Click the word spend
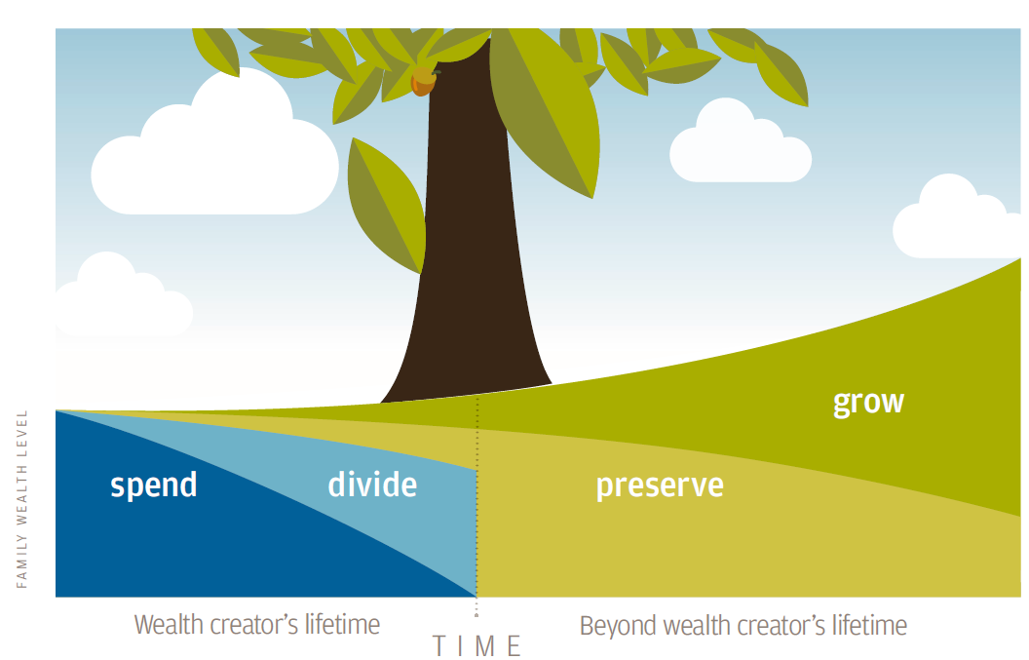point(154,485)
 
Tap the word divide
point(372,485)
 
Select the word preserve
point(660,486)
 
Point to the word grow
point(868,403)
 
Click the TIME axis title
point(477,646)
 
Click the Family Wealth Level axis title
point(21,499)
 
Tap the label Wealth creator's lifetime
point(256,625)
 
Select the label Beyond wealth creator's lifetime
point(743,626)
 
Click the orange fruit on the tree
point(423,82)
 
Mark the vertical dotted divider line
point(477,507)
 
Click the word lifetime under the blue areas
point(342,625)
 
